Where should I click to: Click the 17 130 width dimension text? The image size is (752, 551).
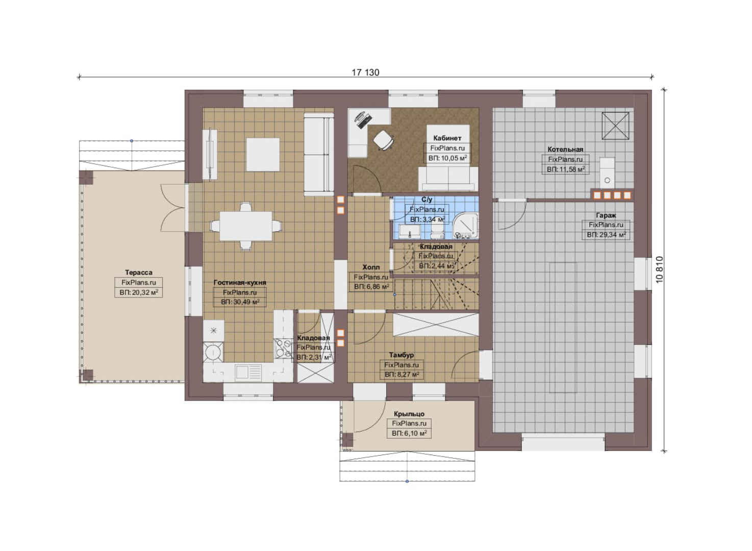(365, 72)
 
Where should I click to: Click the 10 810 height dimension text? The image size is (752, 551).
(659, 269)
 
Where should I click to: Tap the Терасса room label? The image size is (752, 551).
(139, 272)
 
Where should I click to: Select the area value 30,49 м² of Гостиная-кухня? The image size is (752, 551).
(240, 302)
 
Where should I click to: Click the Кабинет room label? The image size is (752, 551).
(447, 138)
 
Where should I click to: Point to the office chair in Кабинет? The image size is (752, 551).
(383, 140)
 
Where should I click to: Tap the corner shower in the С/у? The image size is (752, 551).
(465, 227)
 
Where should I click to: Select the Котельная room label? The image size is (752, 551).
(565, 149)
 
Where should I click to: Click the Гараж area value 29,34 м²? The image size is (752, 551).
(606, 235)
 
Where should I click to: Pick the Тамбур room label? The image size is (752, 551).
(402, 355)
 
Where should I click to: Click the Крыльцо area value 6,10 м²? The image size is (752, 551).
(409, 434)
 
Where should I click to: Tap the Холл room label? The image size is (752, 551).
(371, 267)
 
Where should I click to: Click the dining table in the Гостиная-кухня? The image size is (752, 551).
(246, 226)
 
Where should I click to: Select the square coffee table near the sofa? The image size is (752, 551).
(263, 155)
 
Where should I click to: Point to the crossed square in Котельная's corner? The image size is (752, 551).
(615, 126)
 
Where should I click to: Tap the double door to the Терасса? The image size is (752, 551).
(173, 208)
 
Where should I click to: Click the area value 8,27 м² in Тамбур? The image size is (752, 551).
(402, 374)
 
